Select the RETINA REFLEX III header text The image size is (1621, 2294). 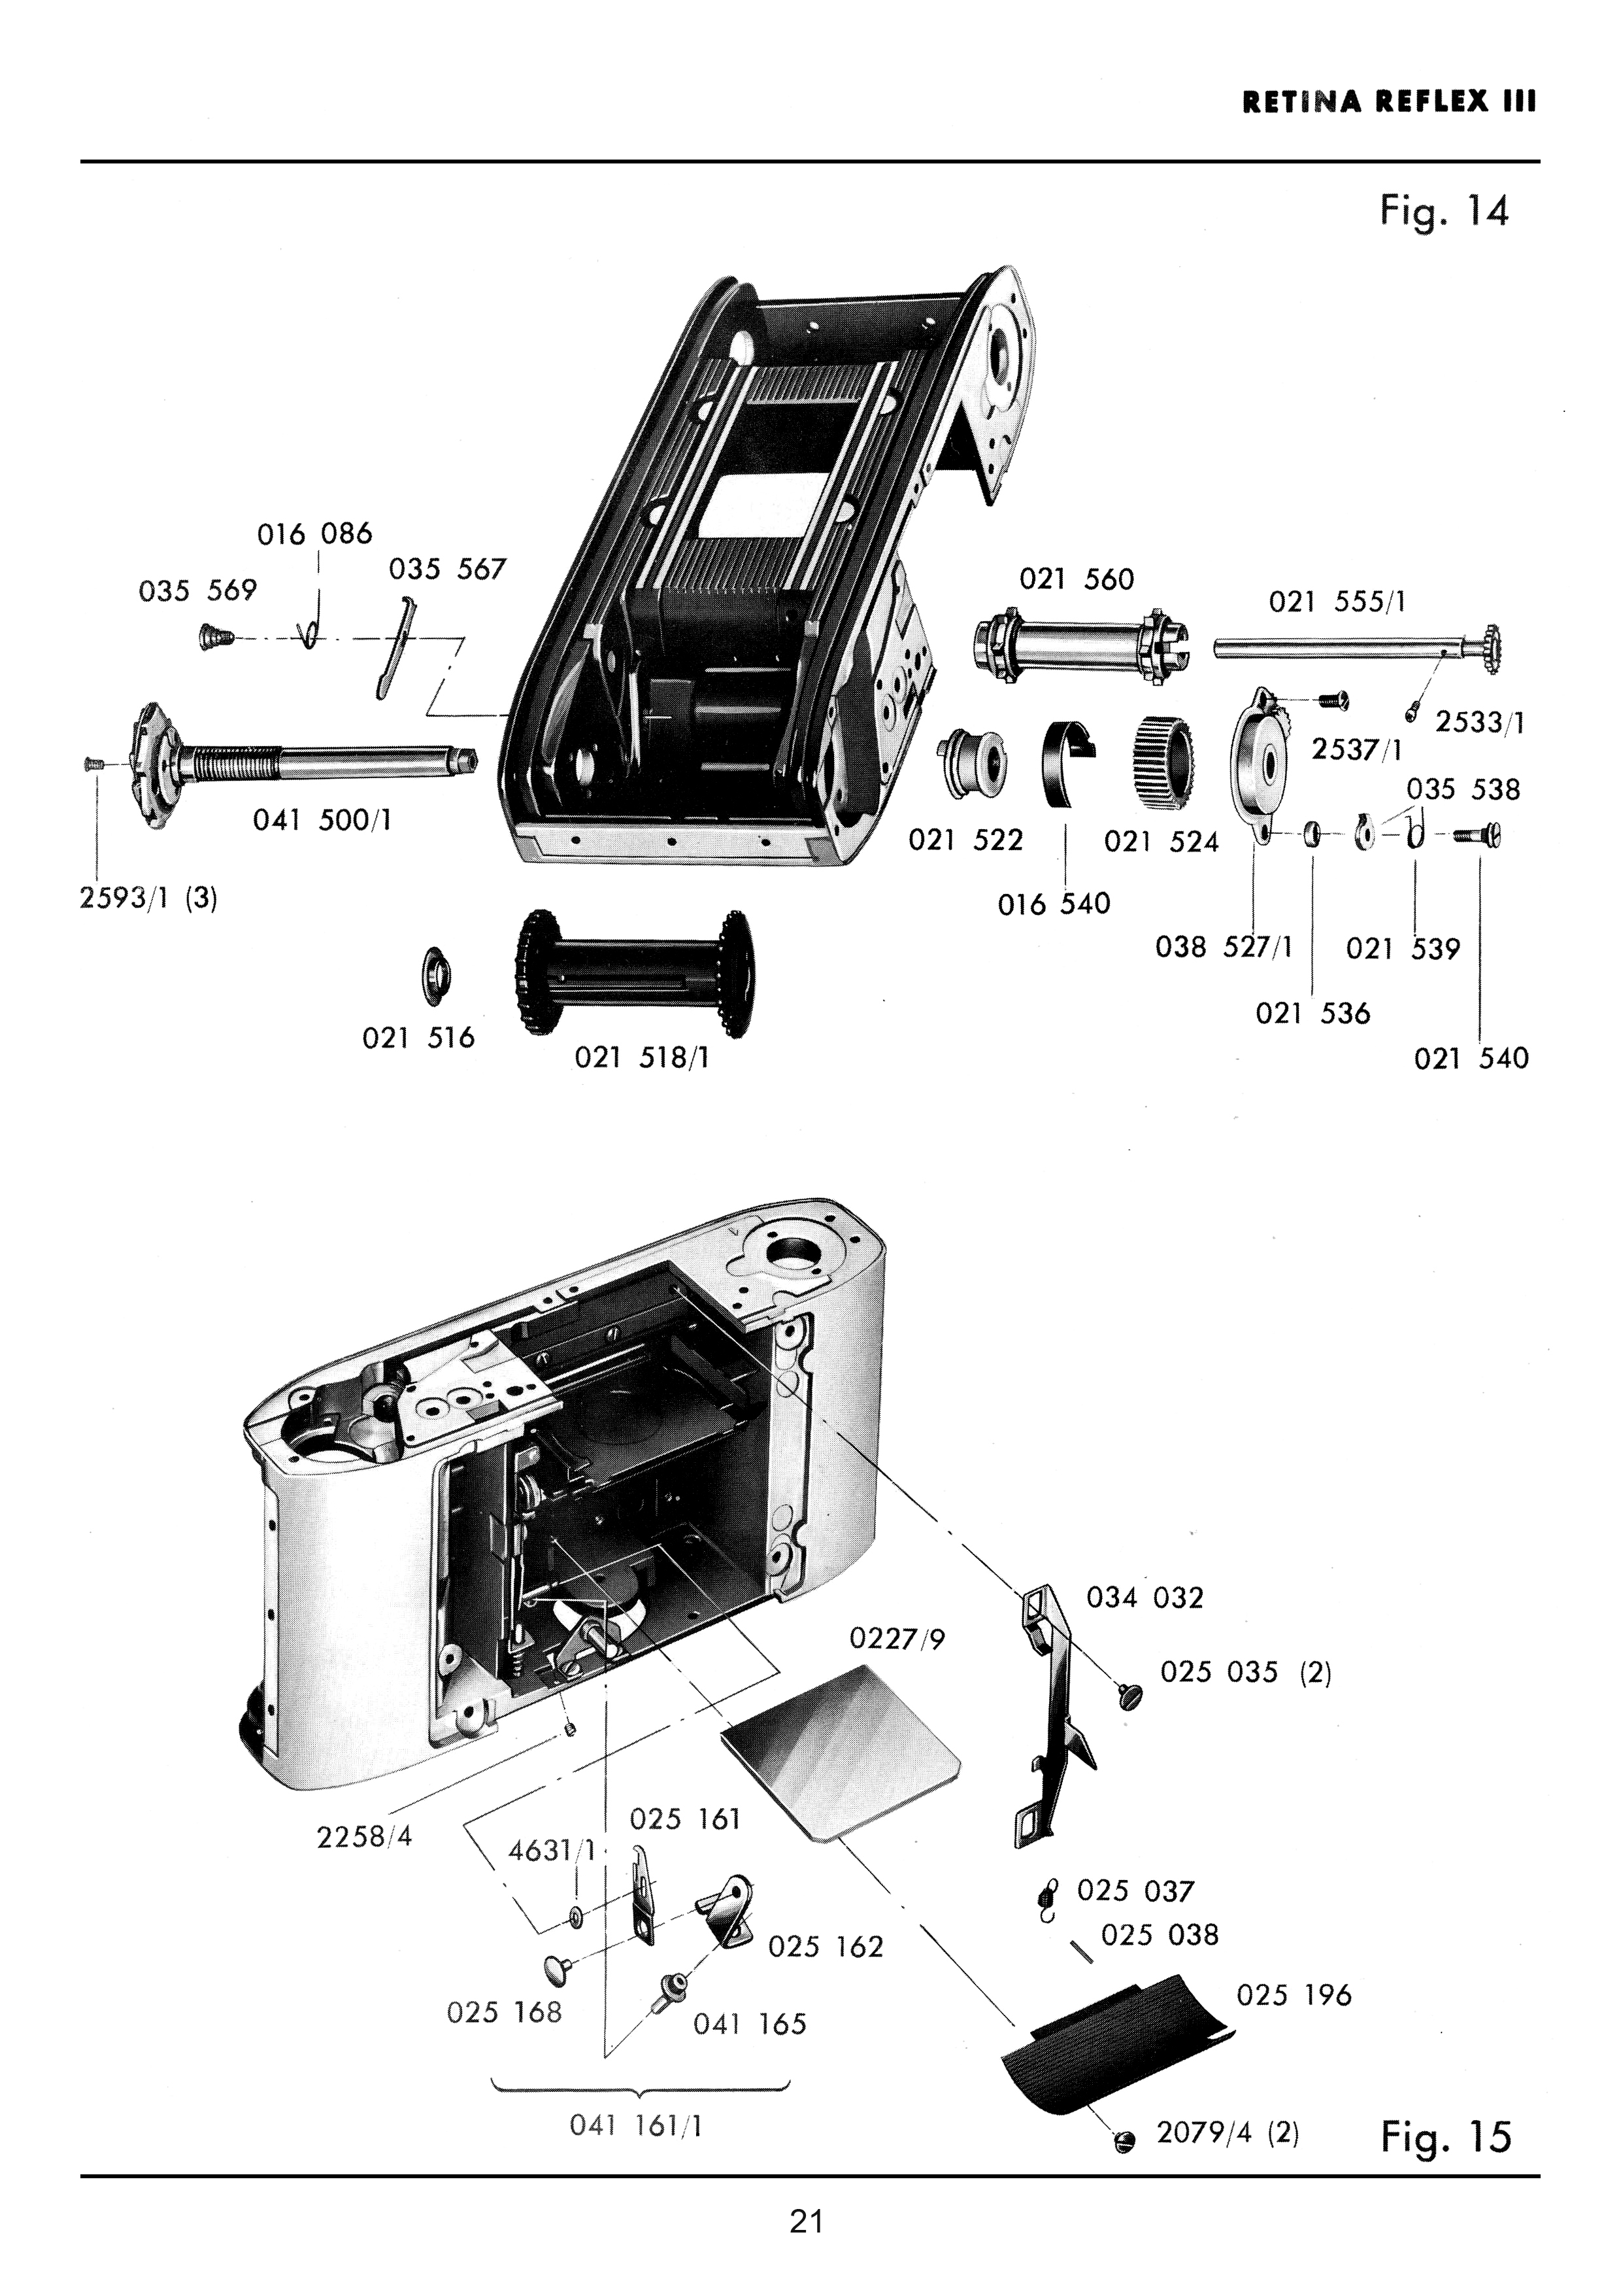click(x=1389, y=102)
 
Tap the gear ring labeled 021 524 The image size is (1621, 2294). click(x=1161, y=766)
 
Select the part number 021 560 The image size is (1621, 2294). click(x=1077, y=579)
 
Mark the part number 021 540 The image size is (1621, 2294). click(x=1471, y=1058)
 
